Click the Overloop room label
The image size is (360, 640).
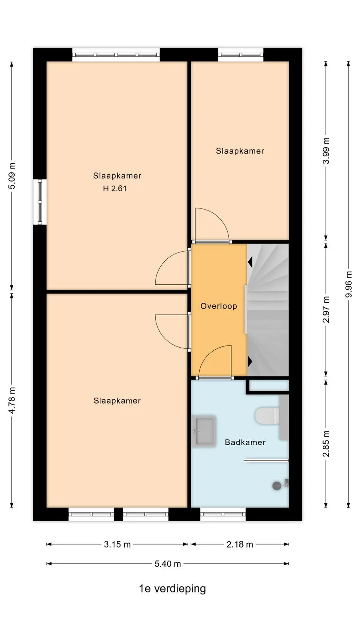(218, 306)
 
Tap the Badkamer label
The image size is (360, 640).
(245, 442)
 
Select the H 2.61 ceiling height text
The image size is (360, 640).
(114, 188)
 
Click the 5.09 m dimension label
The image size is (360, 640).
(12, 176)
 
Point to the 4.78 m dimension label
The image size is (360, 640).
(12, 400)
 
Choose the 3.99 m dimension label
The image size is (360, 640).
(326, 150)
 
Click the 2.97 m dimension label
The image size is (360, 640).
(326, 310)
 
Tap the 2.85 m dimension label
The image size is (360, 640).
(326, 444)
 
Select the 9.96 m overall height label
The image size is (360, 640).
(348, 284)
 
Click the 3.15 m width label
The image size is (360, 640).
(117, 544)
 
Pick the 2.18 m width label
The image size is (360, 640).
(240, 544)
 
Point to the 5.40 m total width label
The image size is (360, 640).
(168, 564)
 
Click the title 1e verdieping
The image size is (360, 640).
(172, 588)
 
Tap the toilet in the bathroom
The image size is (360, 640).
(267, 416)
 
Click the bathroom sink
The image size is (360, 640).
(204, 431)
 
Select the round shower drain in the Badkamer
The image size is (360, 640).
(276, 486)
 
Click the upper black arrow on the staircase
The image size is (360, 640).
(250, 262)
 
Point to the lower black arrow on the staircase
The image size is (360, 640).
(250, 362)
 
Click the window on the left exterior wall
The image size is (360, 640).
(40, 202)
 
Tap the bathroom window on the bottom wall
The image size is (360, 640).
(223, 514)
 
